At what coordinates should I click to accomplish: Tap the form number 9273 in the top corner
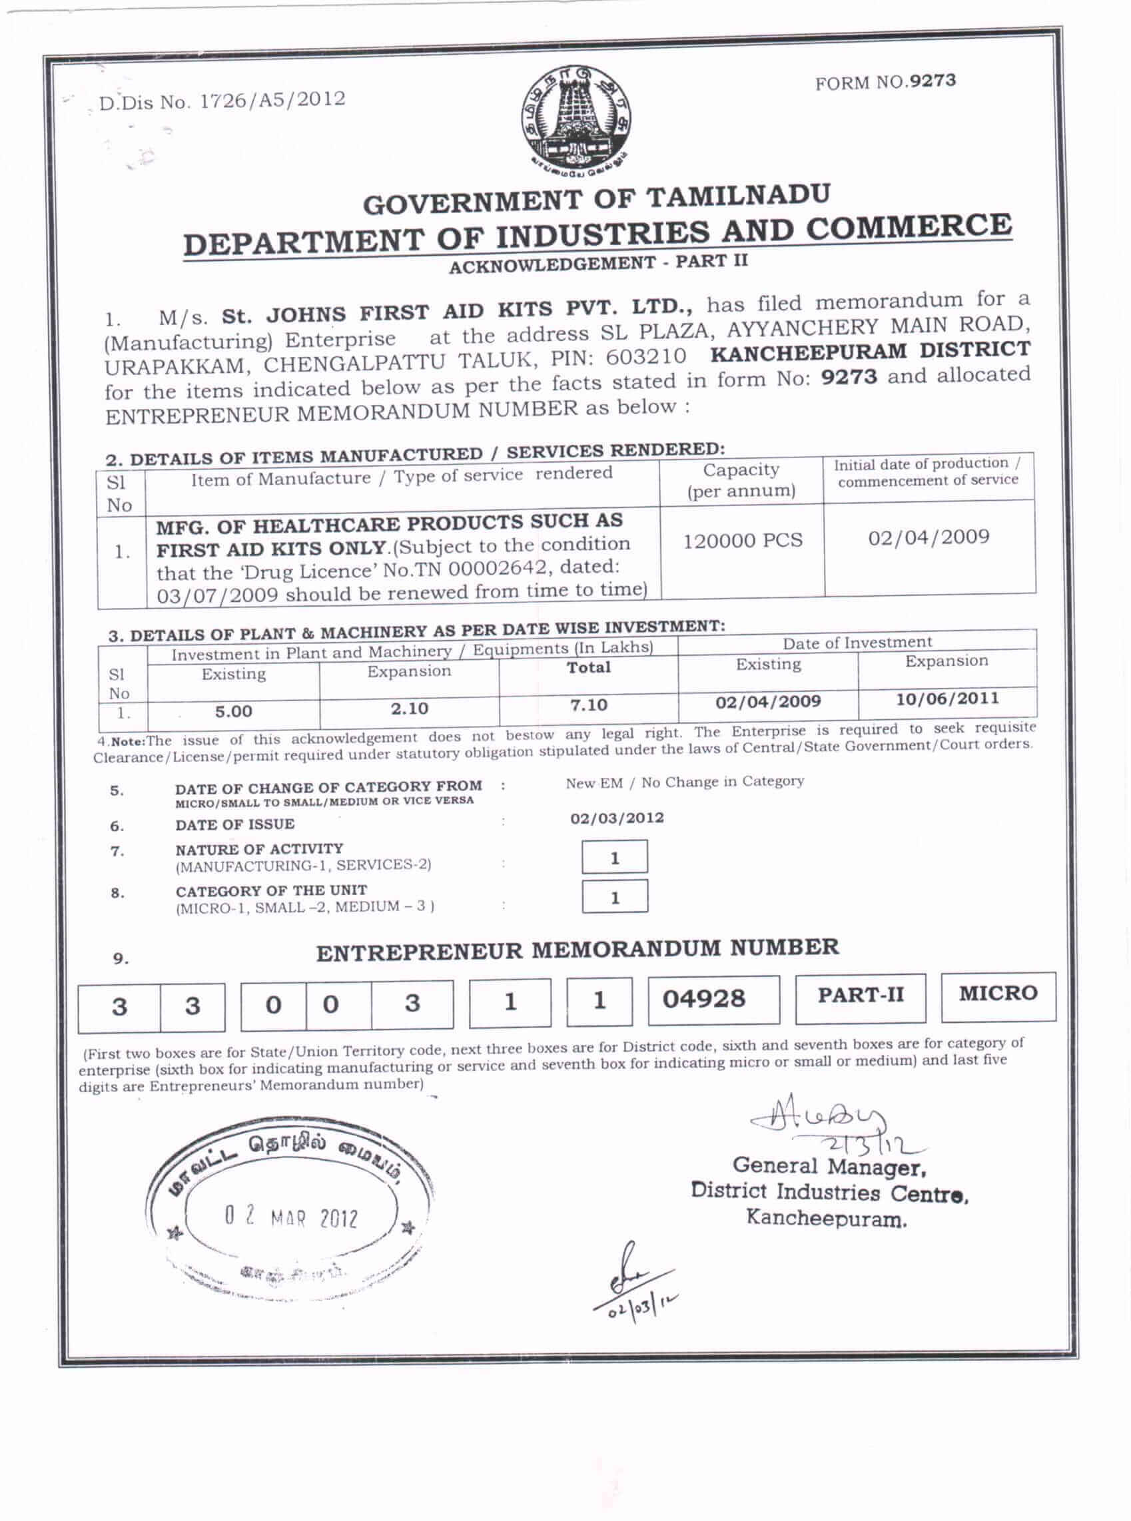[885, 82]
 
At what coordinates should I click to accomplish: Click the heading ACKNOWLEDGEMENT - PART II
[597, 264]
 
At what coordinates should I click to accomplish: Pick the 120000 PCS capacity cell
[742, 541]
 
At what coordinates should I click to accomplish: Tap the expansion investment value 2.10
[410, 709]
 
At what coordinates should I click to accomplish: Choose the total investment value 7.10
[589, 705]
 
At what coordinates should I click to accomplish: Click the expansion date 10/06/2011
[947, 699]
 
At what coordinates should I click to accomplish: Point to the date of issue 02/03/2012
[617, 818]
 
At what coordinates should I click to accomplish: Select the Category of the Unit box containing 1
[614, 898]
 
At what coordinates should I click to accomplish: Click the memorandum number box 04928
[713, 999]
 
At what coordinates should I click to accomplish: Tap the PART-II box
[861, 996]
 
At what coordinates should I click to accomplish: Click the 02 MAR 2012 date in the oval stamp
[291, 1219]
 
